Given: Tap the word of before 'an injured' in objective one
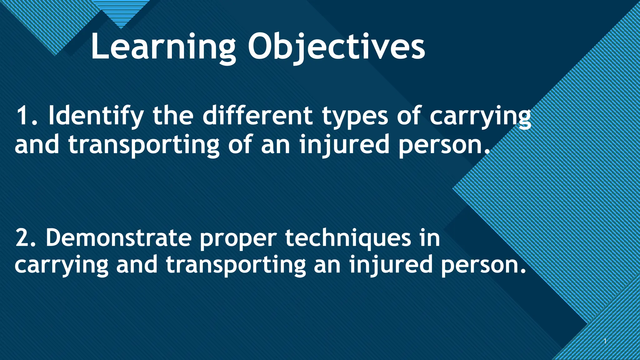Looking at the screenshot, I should (240, 144).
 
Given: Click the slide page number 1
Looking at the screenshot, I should (605, 341).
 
